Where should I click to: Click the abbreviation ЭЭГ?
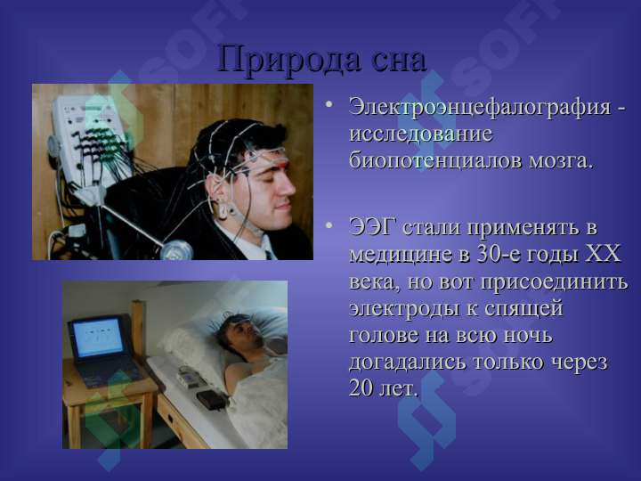coord(373,226)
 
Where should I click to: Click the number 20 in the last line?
coord(362,388)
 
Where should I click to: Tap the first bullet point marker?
coord(330,106)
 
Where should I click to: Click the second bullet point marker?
coord(330,226)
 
